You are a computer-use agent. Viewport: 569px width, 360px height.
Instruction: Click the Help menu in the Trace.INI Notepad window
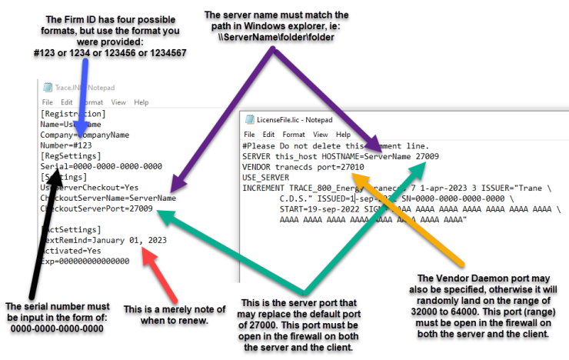[x=141, y=102]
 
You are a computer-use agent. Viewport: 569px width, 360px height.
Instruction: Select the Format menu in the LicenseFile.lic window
[x=294, y=134]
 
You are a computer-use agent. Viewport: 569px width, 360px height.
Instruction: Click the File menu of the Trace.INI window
[x=48, y=102]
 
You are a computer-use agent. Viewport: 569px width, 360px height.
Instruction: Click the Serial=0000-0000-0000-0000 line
[x=100, y=165]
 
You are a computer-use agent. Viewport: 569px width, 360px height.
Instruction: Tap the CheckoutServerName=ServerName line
[x=108, y=197]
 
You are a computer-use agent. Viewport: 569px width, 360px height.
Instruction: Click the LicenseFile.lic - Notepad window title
[x=295, y=120]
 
